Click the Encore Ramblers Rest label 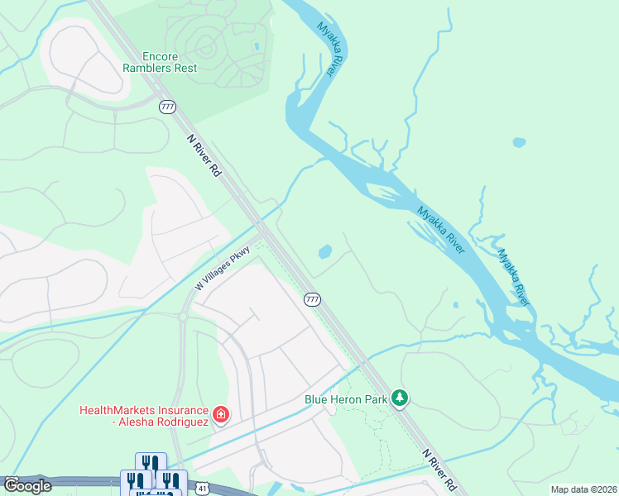pyautogui.click(x=160, y=62)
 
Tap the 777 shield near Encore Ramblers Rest pyautogui.click(x=167, y=107)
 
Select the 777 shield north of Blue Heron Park pyautogui.click(x=311, y=299)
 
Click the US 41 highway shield pyautogui.click(x=203, y=489)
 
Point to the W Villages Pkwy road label pyautogui.click(x=222, y=269)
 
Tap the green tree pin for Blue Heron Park pyautogui.click(x=400, y=398)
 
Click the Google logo pyautogui.click(x=27, y=485)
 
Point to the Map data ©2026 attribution pyautogui.click(x=583, y=489)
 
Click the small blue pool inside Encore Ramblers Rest pyautogui.click(x=257, y=45)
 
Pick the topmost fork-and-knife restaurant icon pyautogui.click(x=149, y=463)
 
